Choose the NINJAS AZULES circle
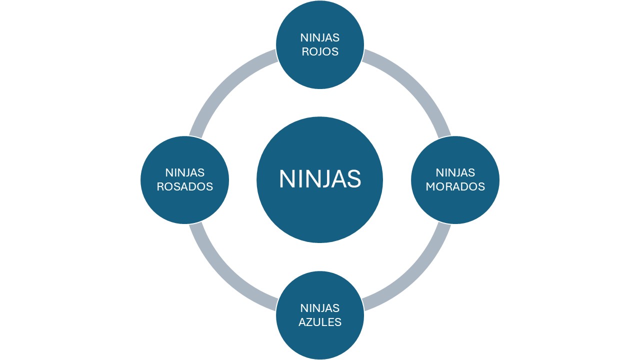tap(320, 340)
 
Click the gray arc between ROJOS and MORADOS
tap(415, 85)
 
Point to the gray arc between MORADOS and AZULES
tap(415, 275)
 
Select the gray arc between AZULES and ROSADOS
tap(225, 275)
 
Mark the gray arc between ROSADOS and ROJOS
tap(225, 85)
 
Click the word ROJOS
tap(320, 51)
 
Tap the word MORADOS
tap(455, 186)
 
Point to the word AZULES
tap(320, 321)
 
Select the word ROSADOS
tap(185, 186)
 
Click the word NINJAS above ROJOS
tap(320, 37)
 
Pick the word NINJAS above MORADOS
tap(455, 172)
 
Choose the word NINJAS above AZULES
tap(320, 307)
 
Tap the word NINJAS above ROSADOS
tap(185, 172)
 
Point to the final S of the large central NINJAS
tap(354, 179)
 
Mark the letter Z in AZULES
tap(310, 321)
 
